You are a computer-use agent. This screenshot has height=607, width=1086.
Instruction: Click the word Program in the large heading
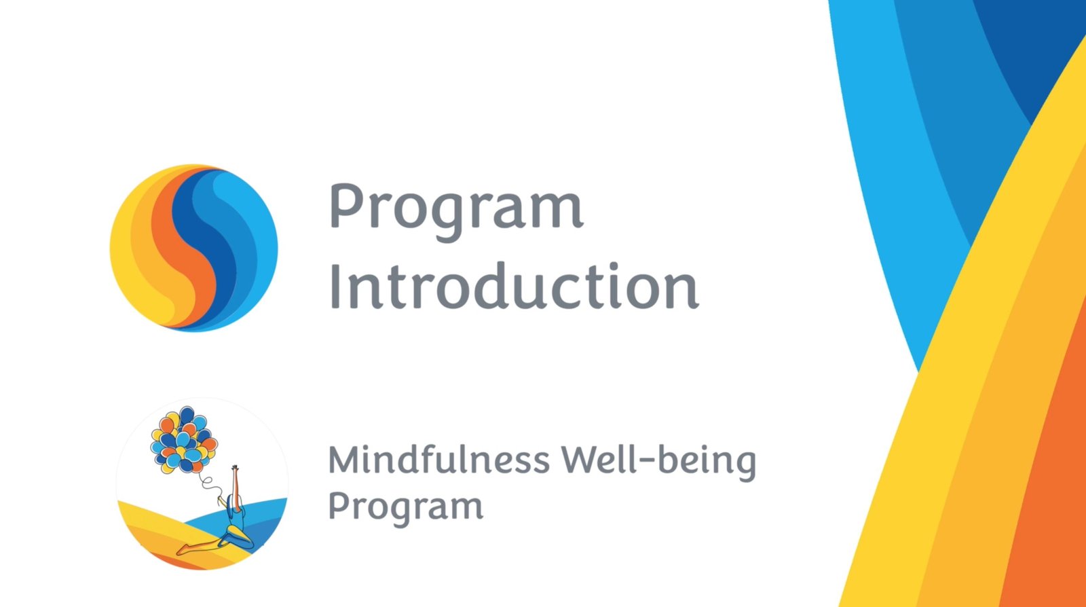[x=456, y=211]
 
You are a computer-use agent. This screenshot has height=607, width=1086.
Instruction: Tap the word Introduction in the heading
[x=514, y=285]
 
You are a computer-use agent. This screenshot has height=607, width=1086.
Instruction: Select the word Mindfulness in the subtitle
[x=439, y=459]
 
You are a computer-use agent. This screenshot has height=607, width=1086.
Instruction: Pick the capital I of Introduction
[x=334, y=286]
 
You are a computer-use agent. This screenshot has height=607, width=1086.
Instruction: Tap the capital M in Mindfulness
[x=345, y=460]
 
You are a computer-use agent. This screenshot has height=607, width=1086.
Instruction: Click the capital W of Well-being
[x=580, y=460]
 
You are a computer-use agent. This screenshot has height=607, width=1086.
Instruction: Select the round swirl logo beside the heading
[x=193, y=248]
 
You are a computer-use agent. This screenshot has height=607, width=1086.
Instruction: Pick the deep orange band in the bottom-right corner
[x=1052, y=485]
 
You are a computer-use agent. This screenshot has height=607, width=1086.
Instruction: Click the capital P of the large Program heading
[x=346, y=206]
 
